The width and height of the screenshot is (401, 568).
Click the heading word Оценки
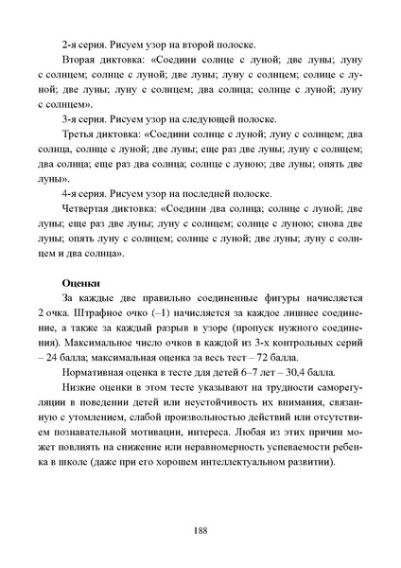(x=80, y=282)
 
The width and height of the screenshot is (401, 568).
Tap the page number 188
(x=200, y=532)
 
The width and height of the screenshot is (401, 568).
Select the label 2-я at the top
(x=70, y=44)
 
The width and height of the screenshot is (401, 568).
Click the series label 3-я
(x=70, y=119)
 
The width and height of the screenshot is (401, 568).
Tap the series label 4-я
(x=70, y=195)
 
